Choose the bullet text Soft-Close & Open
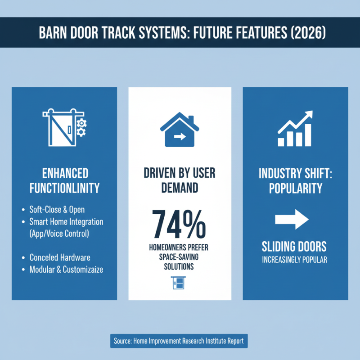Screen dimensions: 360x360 (57, 210)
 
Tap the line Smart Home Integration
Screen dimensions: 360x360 (66, 222)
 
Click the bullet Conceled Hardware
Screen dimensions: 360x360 (60, 257)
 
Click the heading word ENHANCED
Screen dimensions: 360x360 (64, 173)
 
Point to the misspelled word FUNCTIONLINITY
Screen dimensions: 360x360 (64, 188)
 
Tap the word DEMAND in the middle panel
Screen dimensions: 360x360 (180, 188)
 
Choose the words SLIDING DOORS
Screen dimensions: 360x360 (295, 247)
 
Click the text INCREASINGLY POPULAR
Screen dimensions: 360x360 (295, 260)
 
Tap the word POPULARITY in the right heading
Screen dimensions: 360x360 (295, 188)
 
